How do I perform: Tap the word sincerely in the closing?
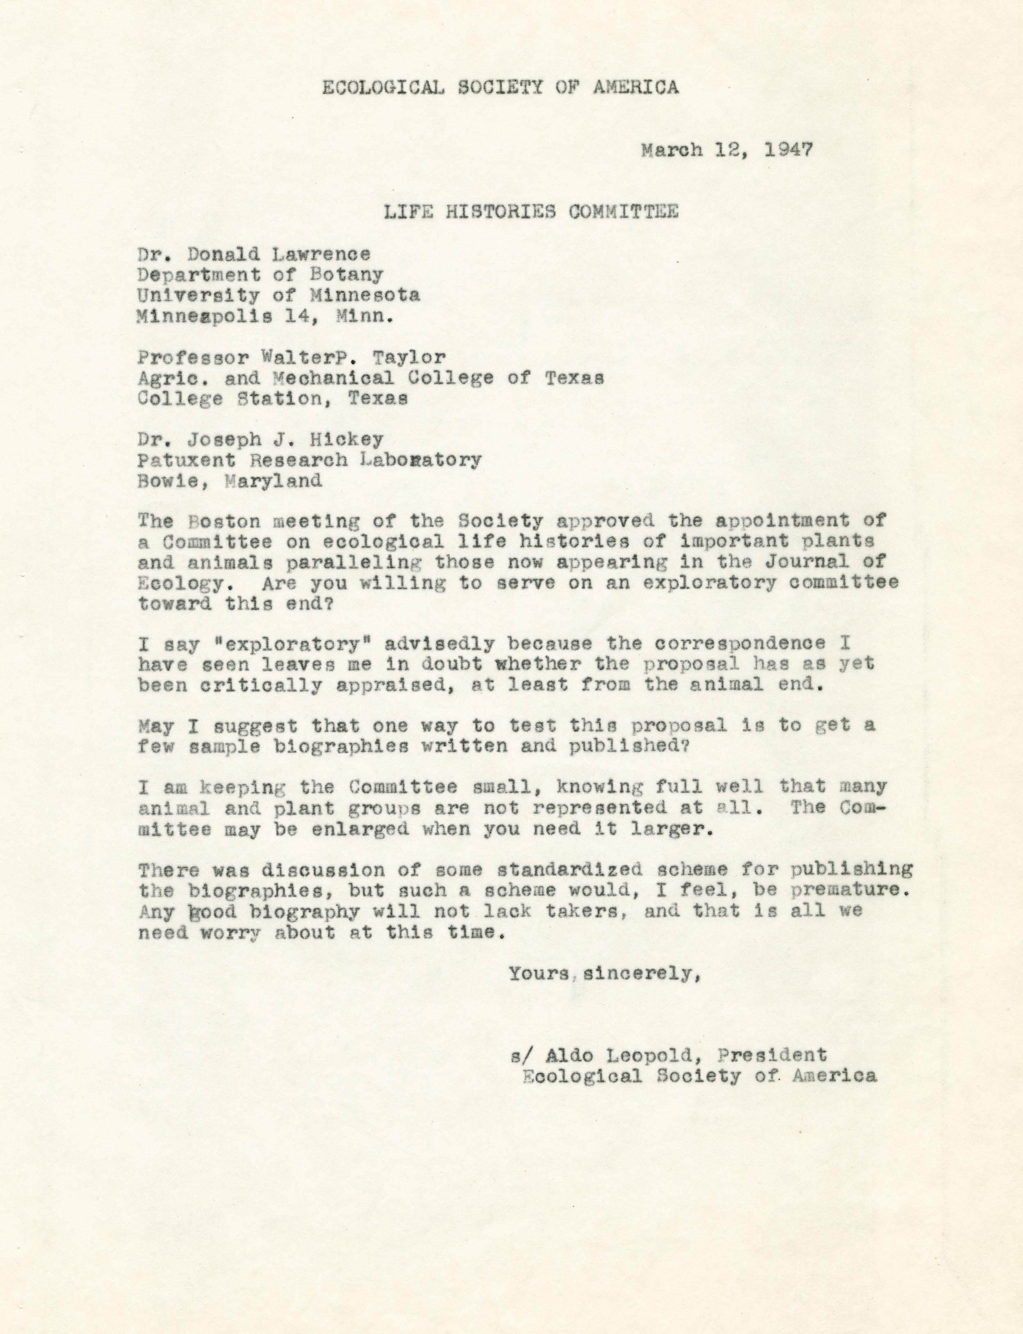pyautogui.click(x=639, y=974)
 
